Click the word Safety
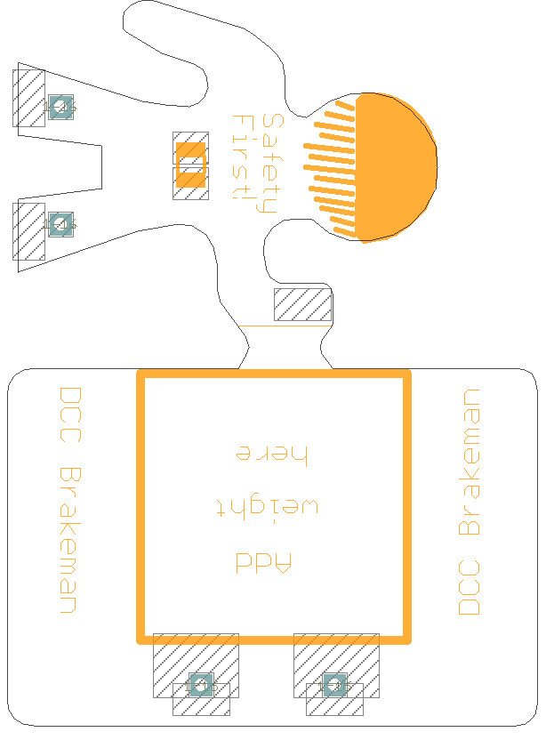272,164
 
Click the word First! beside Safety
244,157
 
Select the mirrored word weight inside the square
268,506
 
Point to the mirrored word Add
263,562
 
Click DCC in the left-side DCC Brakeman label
70,414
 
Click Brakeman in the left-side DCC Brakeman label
70,541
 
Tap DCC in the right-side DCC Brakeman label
469,587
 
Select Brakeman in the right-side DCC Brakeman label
469,462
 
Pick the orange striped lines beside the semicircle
329,168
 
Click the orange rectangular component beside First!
190,165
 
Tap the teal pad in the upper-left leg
60,107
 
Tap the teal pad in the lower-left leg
60,224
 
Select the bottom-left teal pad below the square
201,685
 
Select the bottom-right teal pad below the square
334,685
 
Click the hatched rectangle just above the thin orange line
303,305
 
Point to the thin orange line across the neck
285,326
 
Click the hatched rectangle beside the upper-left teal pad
28,98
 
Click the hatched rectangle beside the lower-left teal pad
28,231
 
